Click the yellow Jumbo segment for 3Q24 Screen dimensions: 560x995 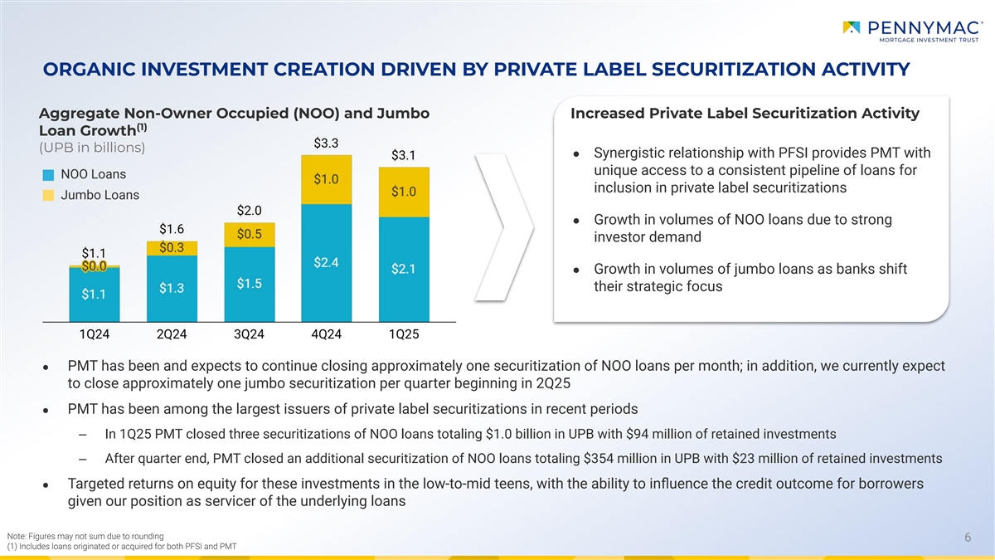pyautogui.click(x=249, y=234)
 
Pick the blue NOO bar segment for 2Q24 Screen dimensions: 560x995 pyautogui.click(x=172, y=288)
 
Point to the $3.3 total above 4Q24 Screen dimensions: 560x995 pyautogui.click(x=326, y=144)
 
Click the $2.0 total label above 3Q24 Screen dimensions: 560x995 pyautogui.click(x=249, y=209)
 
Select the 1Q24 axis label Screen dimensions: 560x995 pyautogui.click(x=94, y=334)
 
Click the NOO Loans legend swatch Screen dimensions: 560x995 pyautogui.click(x=48, y=175)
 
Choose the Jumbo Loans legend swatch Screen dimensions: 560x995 pyautogui.click(x=48, y=196)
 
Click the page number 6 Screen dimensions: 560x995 pyautogui.click(x=968, y=537)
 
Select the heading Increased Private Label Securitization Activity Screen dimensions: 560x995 pyautogui.click(x=745, y=113)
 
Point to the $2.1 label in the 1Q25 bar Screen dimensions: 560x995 pyautogui.click(x=403, y=269)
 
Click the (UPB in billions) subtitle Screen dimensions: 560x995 pyautogui.click(x=92, y=149)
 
